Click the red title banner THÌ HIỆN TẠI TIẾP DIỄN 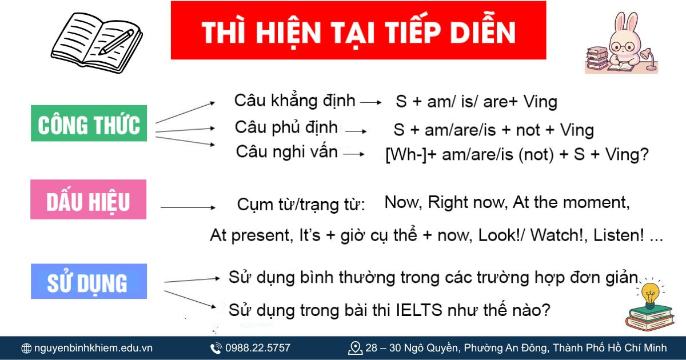358,31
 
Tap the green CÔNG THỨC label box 89,124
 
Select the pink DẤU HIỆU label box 89,199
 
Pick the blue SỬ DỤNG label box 89,282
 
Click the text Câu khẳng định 294,101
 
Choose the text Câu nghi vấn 286,152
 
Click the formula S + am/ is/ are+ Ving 476,102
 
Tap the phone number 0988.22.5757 257,348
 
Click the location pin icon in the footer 355,348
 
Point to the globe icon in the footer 26,348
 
